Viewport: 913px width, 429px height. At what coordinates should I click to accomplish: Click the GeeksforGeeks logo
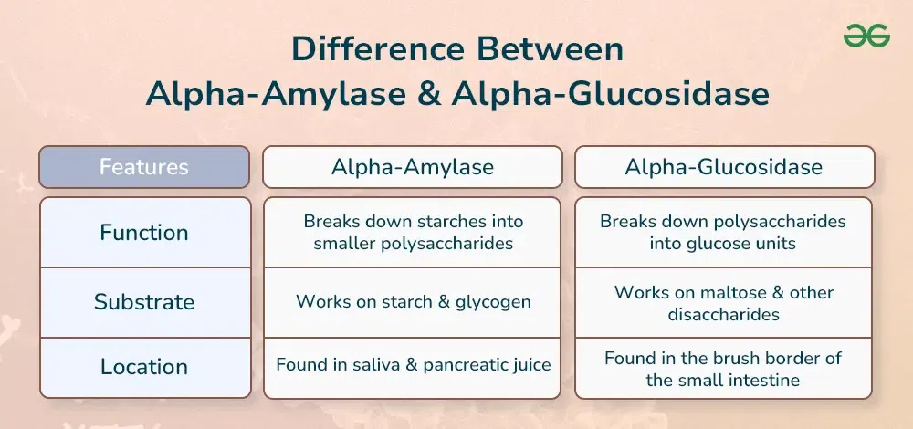click(x=866, y=36)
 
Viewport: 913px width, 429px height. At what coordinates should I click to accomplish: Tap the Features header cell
click(x=144, y=167)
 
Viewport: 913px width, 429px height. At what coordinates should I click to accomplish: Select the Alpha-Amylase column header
click(x=413, y=167)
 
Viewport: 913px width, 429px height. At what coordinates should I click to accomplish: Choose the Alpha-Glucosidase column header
click(x=724, y=167)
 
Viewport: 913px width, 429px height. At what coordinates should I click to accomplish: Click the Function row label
click(x=144, y=233)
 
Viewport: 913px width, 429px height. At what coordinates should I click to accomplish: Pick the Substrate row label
click(x=144, y=302)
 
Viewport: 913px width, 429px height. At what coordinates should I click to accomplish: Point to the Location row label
click(x=144, y=367)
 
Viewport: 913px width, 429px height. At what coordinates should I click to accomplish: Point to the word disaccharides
click(x=723, y=314)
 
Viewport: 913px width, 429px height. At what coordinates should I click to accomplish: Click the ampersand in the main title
click(x=428, y=95)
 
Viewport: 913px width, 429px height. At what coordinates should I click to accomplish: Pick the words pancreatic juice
click(x=487, y=365)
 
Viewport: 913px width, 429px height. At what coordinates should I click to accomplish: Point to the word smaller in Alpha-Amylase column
click(x=344, y=244)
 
